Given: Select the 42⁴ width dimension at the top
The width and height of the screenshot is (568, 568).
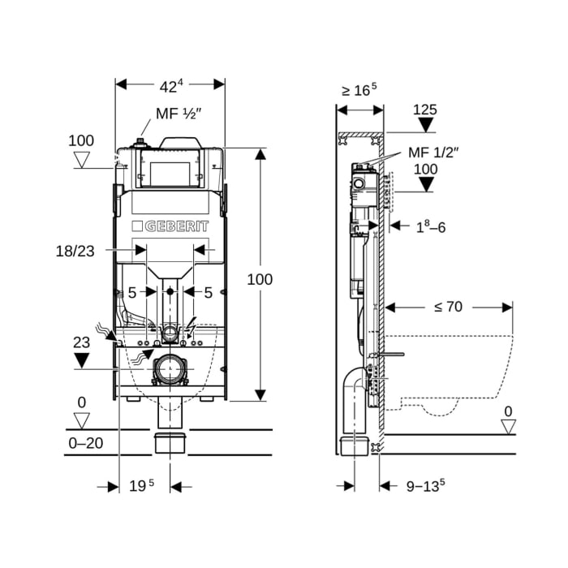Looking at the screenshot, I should [170, 84].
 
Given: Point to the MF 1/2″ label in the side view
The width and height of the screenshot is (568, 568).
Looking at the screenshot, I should [433, 152].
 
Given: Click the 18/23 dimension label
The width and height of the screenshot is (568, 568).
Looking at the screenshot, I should [74, 252].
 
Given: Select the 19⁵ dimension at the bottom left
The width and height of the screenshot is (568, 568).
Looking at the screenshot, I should [141, 486].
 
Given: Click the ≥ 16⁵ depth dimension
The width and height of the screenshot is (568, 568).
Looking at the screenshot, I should [360, 89].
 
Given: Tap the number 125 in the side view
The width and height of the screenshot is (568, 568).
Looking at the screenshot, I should [425, 110].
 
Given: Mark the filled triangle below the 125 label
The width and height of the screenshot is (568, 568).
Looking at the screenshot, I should [425, 125].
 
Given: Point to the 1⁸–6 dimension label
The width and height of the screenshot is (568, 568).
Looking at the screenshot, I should [431, 227].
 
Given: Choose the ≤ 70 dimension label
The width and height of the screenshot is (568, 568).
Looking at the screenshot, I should [447, 307].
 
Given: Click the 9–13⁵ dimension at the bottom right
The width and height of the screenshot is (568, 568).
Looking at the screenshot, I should [425, 486].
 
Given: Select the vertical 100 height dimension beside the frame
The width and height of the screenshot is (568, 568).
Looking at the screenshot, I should [260, 279].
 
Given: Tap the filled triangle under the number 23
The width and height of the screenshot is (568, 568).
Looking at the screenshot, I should [81, 361].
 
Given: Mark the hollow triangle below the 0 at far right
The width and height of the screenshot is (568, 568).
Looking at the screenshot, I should [507, 424].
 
